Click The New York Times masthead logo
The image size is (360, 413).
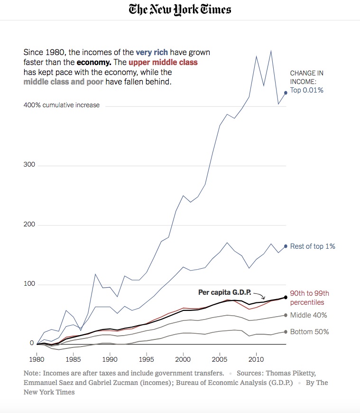[180, 10]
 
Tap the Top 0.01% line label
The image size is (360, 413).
[306, 90]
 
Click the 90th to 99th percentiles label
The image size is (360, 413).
[310, 298]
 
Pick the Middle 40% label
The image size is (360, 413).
[308, 315]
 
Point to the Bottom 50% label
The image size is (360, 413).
[309, 332]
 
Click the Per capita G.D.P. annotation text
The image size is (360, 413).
[224, 292]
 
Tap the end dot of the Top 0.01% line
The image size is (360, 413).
[286, 93]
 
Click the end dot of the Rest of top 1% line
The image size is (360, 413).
[286, 246]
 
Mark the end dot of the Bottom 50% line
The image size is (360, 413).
[286, 332]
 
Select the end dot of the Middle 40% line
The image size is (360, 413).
[286, 315]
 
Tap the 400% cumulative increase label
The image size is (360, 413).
[62, 105]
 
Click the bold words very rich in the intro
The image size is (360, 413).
[152, 52]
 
